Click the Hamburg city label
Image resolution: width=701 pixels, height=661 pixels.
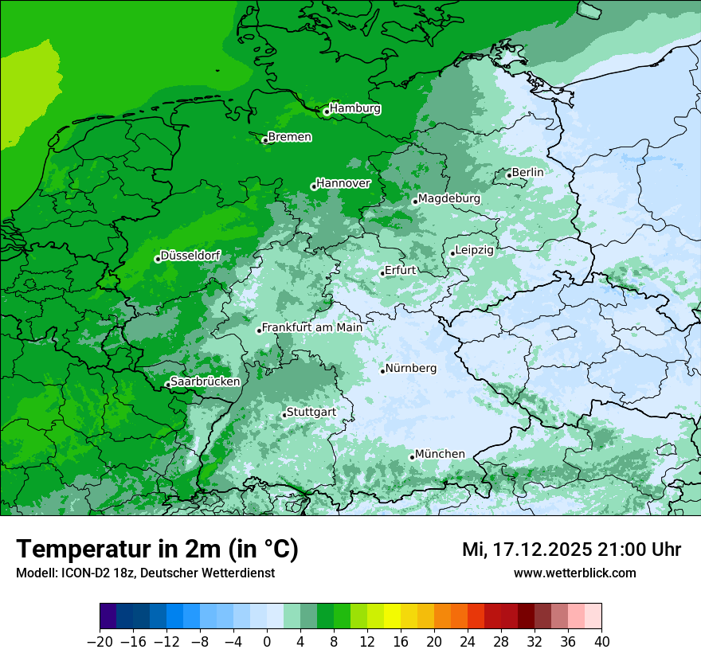(x=355, y=108)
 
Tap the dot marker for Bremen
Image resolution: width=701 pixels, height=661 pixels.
(x=265, y=140)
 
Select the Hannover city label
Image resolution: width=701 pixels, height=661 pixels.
(x=343, y=183)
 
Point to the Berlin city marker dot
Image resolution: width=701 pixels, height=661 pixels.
(x=509, y=175)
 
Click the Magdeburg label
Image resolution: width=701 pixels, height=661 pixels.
(x=449, y=198)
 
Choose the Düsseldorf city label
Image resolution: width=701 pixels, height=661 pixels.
(x=190, y=256)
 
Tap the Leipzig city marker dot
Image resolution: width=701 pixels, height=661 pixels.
(x=452, y=253)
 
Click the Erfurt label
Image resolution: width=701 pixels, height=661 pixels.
(x=401, y=270)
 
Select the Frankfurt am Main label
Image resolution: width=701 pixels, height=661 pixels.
(x=312, y=327)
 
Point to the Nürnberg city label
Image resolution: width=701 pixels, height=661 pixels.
(x=411, y=368)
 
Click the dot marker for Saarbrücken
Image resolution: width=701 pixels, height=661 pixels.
(x=167, y=385)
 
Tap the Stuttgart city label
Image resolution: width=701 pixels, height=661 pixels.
(x=311, y=412)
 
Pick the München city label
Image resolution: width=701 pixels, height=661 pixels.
(x=440, y=454)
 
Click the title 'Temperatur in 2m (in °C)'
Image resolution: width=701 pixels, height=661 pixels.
(x=157, y=549)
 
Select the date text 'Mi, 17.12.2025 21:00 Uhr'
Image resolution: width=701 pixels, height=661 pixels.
(x=571, y=550)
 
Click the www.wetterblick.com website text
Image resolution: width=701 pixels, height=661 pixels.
(x=575, y=573)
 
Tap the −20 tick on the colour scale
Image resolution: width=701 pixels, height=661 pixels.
(x=100, y=641)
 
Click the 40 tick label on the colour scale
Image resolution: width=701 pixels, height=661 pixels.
(x=601, y=641)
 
